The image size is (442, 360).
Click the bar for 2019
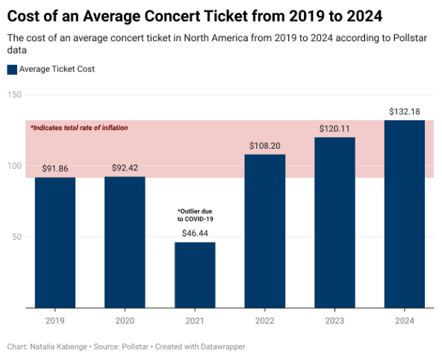coord(55,242)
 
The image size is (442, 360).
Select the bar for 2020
coord(125,242)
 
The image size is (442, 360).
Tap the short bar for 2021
coord(195,275)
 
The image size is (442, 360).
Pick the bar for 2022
coord(265,231)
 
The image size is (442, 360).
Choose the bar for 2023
coord(334,223)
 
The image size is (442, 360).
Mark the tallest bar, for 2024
coord(405,214)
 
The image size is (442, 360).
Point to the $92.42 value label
coord(125,168)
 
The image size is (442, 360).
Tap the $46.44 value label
coord(195,234)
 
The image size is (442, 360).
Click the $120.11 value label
coord(334,128)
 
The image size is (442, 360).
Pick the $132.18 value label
coord(405,111)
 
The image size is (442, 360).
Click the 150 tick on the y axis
coord(15,95)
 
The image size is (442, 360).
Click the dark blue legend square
coord(12,69)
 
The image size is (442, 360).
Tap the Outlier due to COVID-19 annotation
coord(195,215)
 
